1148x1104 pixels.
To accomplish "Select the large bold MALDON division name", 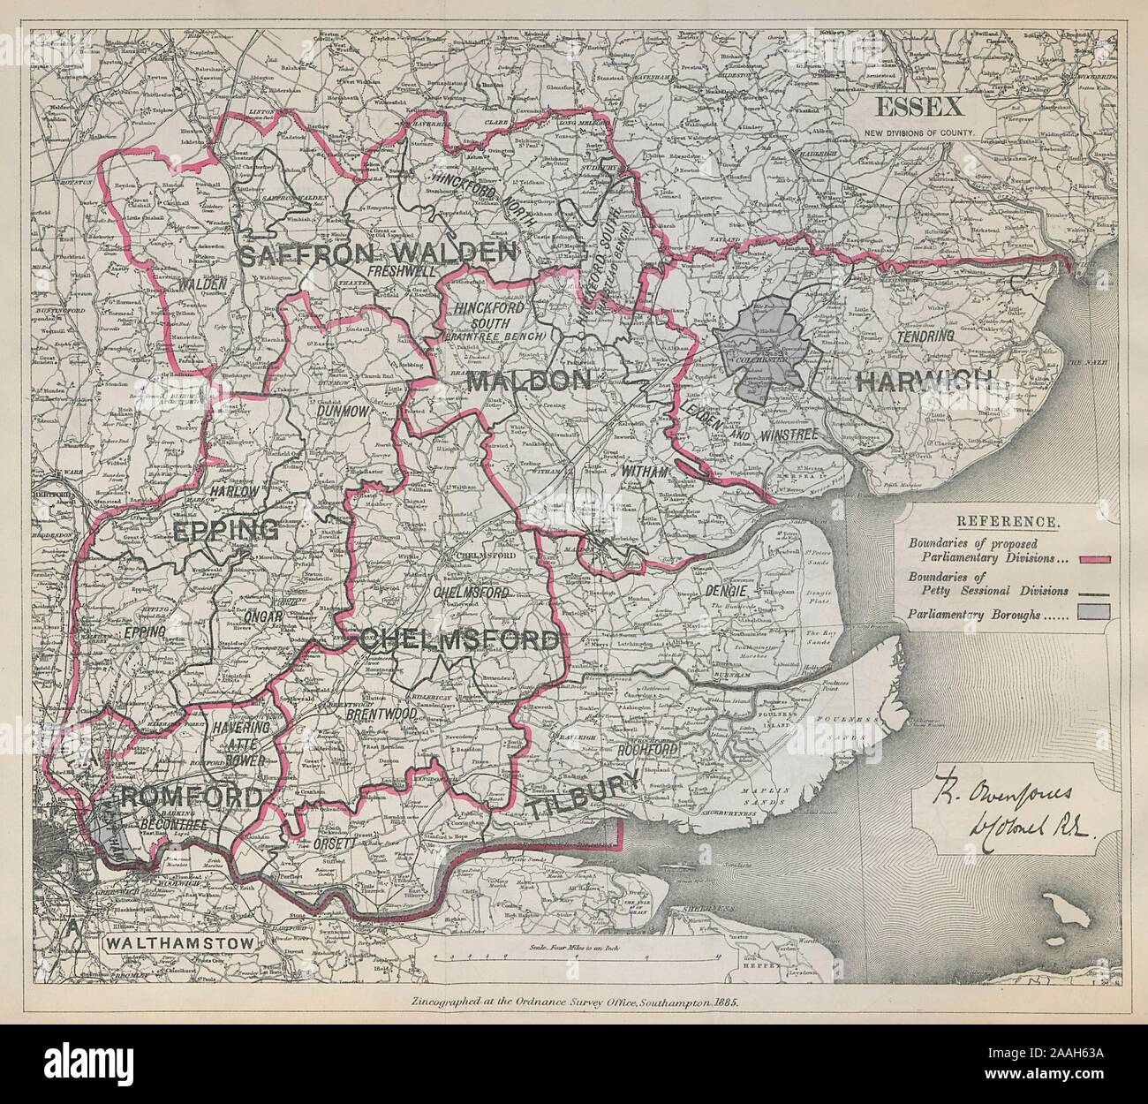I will (x=528, y=382).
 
